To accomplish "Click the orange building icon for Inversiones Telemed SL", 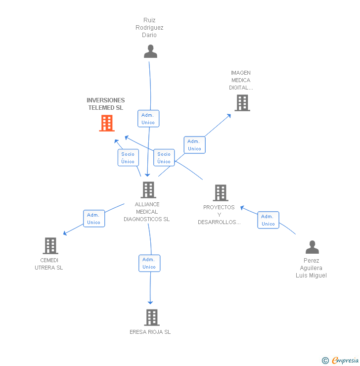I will pyautogui.click(x=107, y=123).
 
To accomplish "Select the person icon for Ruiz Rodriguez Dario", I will pyautogui.click(x=150, y=51).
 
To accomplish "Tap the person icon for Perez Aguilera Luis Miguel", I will pyautogui.click(x=312, y=247).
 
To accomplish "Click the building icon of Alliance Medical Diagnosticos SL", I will pyautogui.click(x=148, y=189).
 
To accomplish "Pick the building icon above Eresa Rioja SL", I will pyautogui.click(x=151, y=317).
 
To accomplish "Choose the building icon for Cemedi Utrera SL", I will pyautogui.click(x=50, y=245).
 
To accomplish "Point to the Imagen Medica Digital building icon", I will pyautogui.click(x=242, y=103).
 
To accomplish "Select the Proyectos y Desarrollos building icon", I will pyautogui.click(x=220, y=192).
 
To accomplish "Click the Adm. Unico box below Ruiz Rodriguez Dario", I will pyautogui.click(x=148, y=119).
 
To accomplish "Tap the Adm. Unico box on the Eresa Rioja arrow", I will pyautogui.click(x=149, y=263).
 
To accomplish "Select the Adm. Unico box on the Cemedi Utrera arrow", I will pyautogui.click(x=93, y=219).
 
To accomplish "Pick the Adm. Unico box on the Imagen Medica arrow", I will pyautogui.click(x=194, y=145).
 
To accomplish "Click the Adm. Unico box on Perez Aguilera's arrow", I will pyautogui.click(x=268, y=220).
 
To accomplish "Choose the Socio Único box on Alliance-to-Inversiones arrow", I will pyautogui.click(x=128, y=158).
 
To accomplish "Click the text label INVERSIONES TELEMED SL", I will pyautogui.click(x=106, y=104).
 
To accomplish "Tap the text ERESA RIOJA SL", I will pyautogui.click(x=150, y=332).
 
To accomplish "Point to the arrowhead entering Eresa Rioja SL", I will pyautogui.click(x=150, y=302).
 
